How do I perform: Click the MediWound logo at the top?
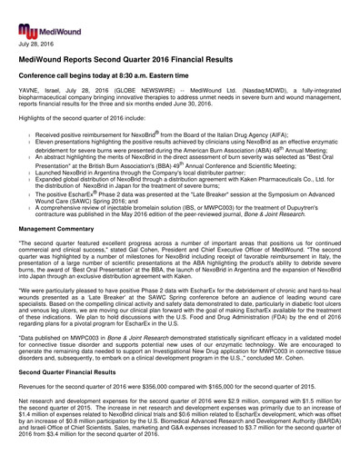37,15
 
